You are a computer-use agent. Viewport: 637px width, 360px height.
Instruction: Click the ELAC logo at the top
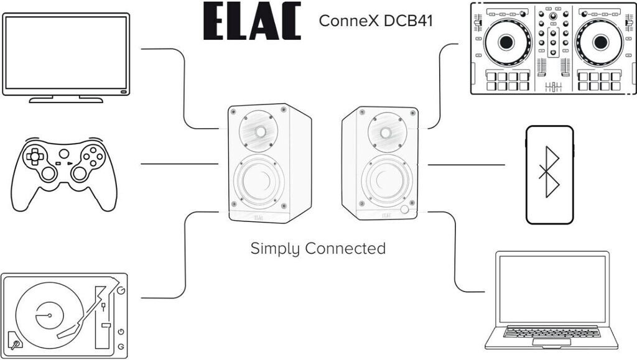251,21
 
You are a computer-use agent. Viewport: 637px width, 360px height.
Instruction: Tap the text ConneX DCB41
376,21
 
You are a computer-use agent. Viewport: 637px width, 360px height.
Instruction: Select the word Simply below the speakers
274,249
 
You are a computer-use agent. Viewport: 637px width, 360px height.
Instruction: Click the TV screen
66,52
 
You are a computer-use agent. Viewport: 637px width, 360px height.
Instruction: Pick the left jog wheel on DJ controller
506,42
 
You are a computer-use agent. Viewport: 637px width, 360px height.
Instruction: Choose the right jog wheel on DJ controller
600,42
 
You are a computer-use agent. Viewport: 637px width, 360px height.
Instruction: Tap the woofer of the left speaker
258,181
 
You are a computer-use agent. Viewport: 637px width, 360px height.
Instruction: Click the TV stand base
66,99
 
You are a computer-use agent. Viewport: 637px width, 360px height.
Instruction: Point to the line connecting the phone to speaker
467,165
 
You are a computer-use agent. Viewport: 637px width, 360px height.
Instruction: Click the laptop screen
552,289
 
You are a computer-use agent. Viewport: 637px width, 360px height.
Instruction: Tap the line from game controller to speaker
180,164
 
